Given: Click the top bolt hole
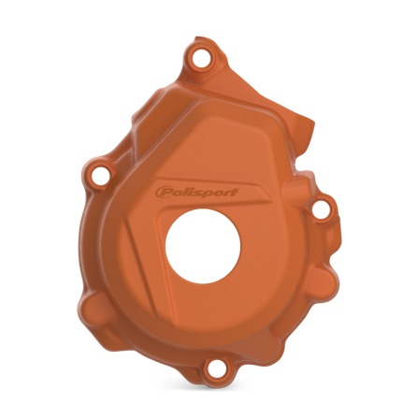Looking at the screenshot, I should pyautogui.click(x=197, y=59).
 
